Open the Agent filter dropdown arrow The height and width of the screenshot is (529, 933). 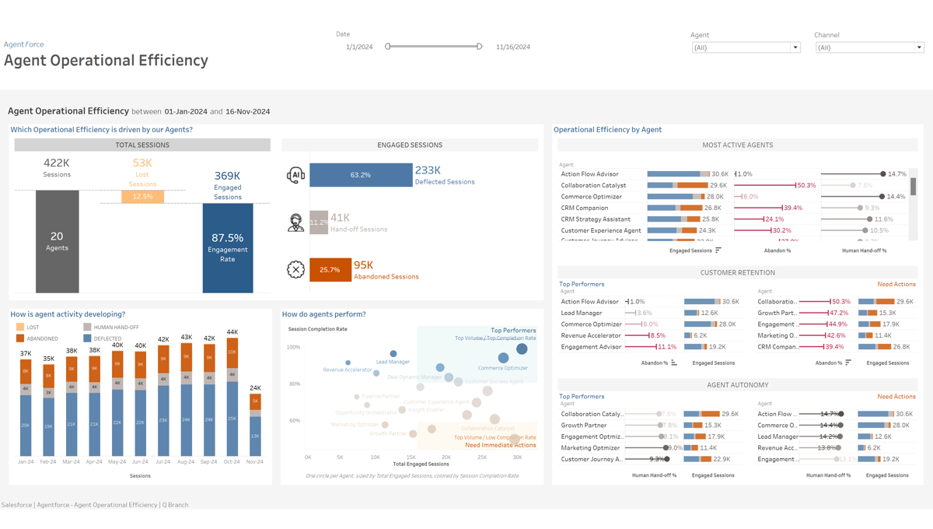tap(795, 47)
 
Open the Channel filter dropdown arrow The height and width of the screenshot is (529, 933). tap(918, 47)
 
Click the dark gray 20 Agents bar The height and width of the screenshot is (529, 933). tap(57, 241)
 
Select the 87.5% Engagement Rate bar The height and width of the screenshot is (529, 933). tap(228, 248)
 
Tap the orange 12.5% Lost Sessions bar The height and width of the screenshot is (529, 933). tap(142, 197)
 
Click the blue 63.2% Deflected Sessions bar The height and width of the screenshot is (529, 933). tap(361, 175)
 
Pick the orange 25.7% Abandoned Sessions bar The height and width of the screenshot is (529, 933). tap(330, 269)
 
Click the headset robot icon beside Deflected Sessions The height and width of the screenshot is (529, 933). tap(295, 175)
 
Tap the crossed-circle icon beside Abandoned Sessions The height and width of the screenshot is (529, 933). tap(295, 269)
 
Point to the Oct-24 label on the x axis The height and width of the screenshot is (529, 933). tap(232, 462)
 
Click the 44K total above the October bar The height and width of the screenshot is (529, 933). tap(232, 332)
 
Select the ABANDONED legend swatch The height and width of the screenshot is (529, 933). tap(20, 338)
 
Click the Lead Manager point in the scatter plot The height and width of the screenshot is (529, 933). tap(393, 354)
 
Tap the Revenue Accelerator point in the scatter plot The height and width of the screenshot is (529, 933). tap(348, 363)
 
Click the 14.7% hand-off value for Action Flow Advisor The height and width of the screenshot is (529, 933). tap(896, 174)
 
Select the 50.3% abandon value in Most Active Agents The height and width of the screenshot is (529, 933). tap(806, 185)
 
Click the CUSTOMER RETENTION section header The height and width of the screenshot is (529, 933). tap(737, 272)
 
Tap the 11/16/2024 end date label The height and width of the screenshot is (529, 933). tap(513, 47)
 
